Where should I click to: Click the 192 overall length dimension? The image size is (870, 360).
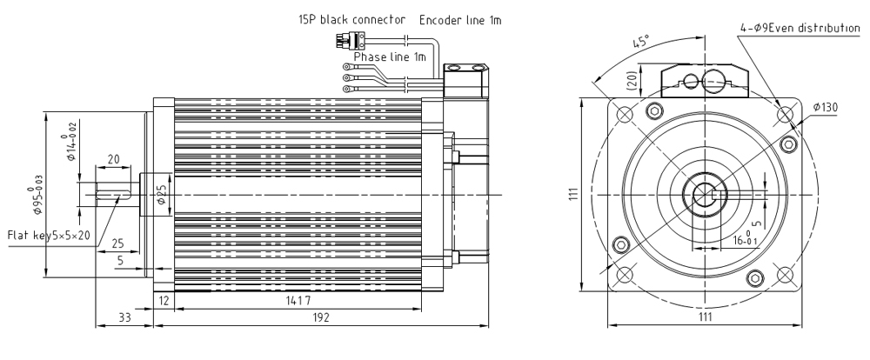click(323, 318)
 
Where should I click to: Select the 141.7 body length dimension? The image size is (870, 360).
click(298, 300)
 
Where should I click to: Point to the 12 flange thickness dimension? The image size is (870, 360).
click(164, 300)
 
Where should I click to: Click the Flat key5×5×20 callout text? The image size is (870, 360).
click(50, 235)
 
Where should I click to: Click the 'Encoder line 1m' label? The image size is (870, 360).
click(460, 17)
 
